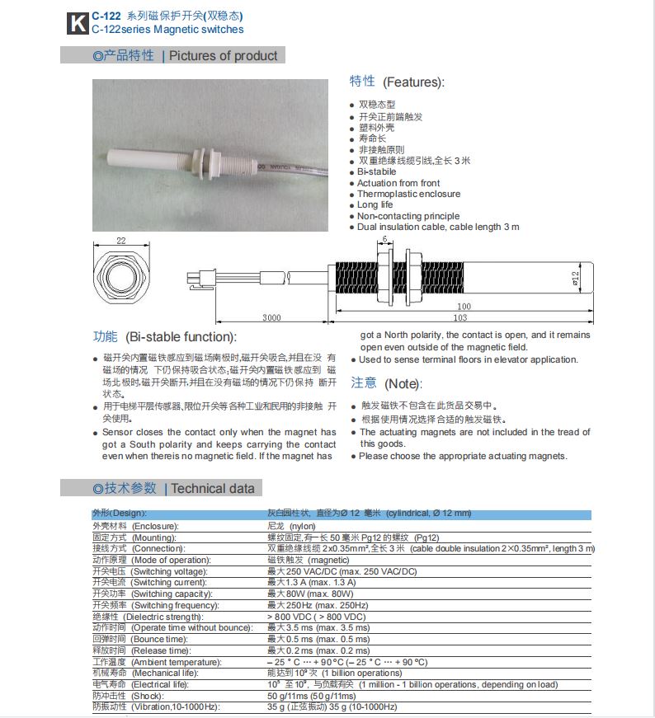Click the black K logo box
pos(77,23)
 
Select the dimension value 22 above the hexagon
pos(121,241)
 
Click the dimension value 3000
pos(271,317)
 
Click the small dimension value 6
pos(384,240)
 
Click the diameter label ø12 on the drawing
pos(575,277)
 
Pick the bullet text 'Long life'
pos(375,205)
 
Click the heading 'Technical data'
pos(213,488)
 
